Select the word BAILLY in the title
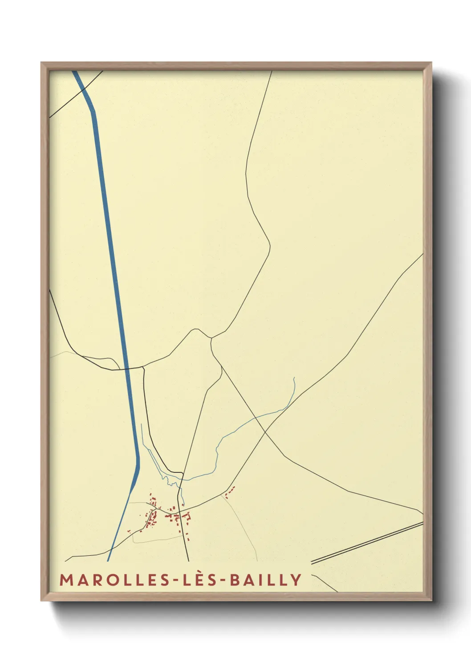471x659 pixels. pos(266,580)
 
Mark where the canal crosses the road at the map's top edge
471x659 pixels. pos(83,90)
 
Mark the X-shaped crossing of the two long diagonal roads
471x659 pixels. pos(265,431)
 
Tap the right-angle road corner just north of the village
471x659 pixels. pos(182,473)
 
